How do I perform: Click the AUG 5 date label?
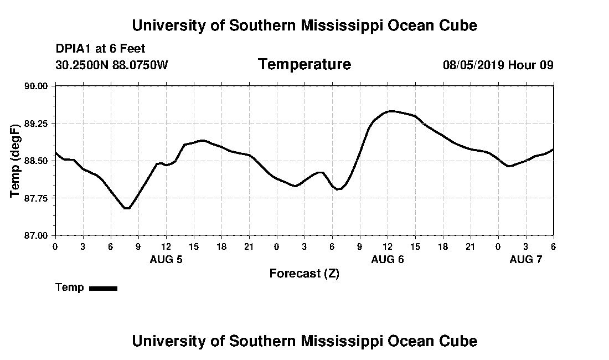[166, 259]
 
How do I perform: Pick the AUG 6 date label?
[388, 259]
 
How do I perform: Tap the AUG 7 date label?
[526, 259]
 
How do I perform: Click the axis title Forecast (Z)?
[304, 274]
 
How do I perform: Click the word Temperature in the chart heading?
[304, 65]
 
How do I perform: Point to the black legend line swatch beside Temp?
[103, 288]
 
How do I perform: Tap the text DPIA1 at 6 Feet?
[100, 49]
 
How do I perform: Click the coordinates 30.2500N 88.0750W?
[112, 65]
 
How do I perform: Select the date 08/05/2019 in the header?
[473, 65]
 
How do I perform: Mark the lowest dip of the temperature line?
[127, 208]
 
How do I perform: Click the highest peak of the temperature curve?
[391, 111]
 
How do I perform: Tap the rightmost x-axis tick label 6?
[553, 246]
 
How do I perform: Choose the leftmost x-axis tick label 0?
[55, 246]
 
